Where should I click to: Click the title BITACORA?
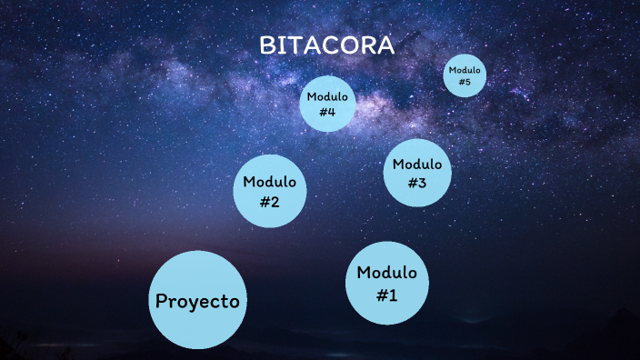click(327, 45)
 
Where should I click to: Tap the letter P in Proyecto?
click(161, 301)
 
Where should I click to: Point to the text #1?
click(387, 295)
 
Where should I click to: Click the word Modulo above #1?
click(387, 272)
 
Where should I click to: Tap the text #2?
click(270, 202)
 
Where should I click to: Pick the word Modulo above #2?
click(270, 181)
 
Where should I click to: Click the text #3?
click(417, 183)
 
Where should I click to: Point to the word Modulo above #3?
click(417, 164)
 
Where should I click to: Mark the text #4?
click(328, 112)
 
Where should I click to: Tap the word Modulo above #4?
click(328, 96)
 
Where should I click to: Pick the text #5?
click(465, 83)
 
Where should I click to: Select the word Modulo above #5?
click(465, 70)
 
